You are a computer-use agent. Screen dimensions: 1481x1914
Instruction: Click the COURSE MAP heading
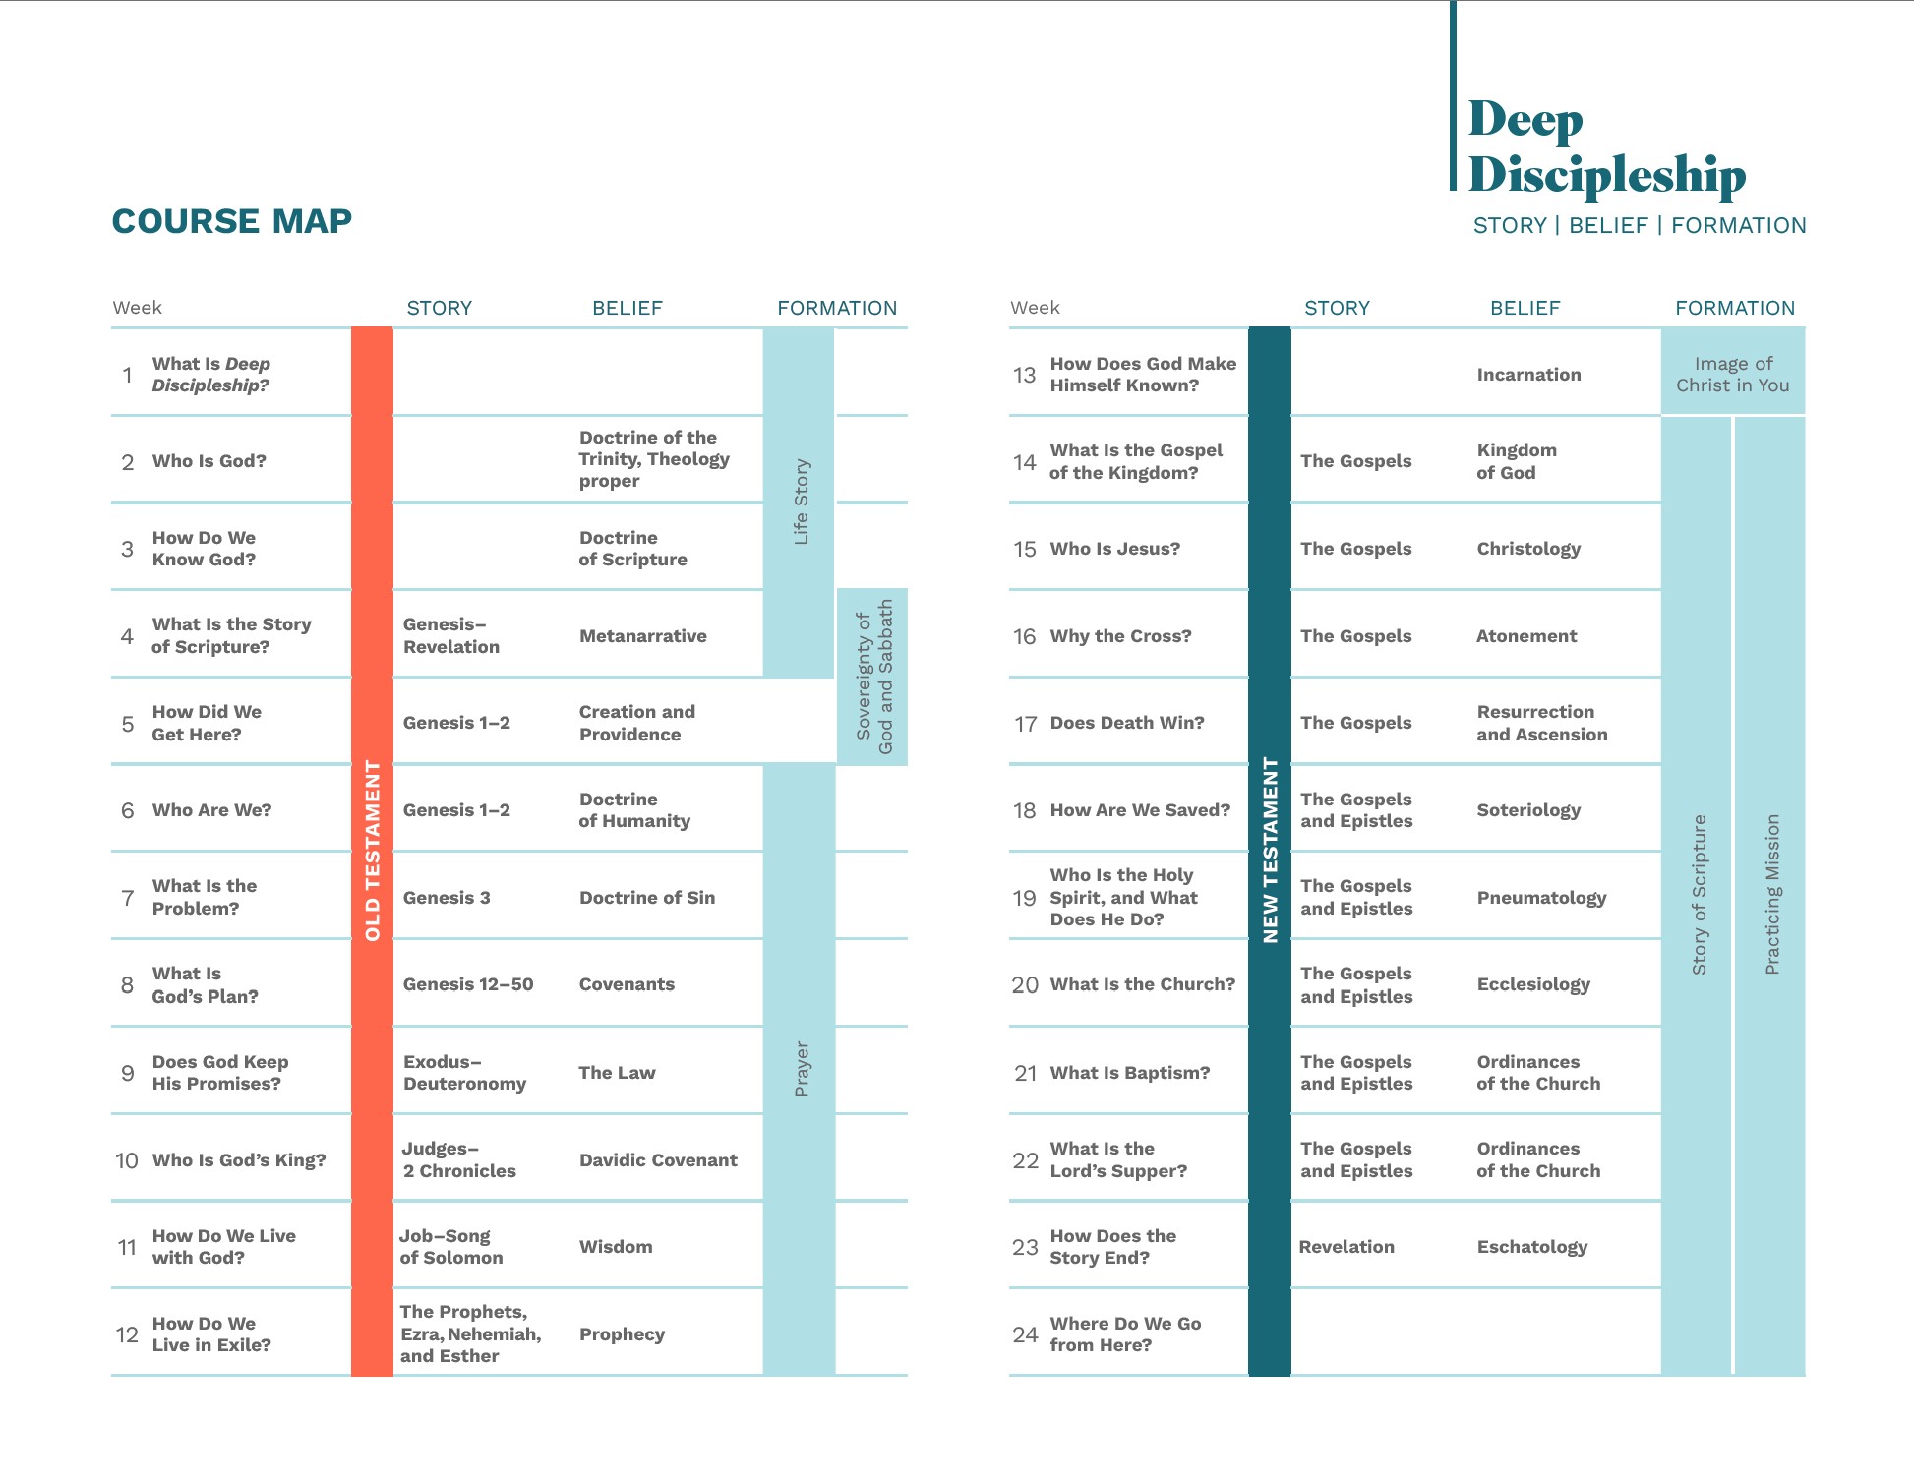point(232,221)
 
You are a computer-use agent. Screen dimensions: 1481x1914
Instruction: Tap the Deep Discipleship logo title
point(1606,147)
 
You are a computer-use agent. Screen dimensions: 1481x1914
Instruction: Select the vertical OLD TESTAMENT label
point(373,850)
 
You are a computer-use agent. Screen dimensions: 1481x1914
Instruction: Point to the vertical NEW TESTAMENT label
point(1270,850)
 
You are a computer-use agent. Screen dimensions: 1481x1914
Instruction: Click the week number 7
point(128,898)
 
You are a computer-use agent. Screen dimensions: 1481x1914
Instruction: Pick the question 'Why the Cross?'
point(1120,636)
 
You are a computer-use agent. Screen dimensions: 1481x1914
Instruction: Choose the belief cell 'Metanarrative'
point(642,636)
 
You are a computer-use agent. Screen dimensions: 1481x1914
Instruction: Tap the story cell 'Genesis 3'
point(447,898)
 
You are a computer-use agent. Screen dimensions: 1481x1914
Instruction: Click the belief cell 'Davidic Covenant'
point(658,1160)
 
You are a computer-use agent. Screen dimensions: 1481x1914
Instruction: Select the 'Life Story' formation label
point(801,502)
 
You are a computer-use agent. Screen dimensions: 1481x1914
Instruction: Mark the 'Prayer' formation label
point(802,1069)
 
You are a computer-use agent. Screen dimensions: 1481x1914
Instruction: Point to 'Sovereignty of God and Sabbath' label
point(873,677)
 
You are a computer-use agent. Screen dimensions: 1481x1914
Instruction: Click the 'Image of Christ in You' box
point(1733,375)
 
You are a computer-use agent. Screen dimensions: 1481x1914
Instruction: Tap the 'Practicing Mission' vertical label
point(1771,895)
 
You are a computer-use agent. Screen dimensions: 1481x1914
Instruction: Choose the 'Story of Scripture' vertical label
point(1699,895)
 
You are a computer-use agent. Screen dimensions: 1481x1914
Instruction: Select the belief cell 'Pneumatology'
point(1541,898)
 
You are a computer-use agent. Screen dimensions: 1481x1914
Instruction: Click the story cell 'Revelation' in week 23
point(1346,1247)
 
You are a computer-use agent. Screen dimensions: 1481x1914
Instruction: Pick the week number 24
point(1025,1334)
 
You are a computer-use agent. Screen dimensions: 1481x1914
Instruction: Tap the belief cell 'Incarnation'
point(1528,375)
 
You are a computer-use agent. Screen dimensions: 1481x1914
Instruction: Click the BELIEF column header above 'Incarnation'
point(1525,308)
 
